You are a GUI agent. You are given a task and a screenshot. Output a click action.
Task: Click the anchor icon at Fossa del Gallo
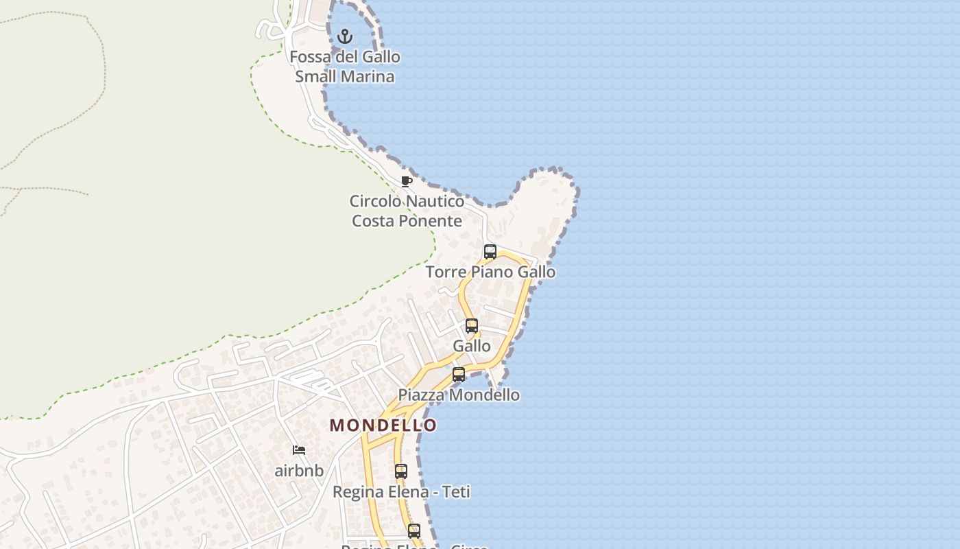[345, 36]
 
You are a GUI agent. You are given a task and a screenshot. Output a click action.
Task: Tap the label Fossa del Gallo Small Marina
[345, 67]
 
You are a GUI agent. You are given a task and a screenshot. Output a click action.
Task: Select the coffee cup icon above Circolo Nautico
[407, 181]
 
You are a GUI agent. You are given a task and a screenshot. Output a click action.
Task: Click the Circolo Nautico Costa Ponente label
[407, 211]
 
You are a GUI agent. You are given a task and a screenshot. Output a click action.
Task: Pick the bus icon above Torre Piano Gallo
[490, 252]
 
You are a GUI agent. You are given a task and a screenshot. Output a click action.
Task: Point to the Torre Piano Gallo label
[490, 272]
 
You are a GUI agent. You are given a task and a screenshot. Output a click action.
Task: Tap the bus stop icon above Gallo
[472, 326]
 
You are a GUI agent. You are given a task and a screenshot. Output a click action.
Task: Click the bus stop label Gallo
[472, 346]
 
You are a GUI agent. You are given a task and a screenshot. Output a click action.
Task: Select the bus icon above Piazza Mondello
[459, 375]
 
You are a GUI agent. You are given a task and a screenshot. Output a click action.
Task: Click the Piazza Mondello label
[459, 395]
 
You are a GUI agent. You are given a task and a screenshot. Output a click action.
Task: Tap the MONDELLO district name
[383, 425]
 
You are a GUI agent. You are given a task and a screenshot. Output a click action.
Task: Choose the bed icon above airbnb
[299, 450]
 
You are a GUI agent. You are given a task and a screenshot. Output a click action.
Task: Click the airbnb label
[299, 471]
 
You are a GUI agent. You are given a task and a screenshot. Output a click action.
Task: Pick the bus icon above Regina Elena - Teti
[401, 471]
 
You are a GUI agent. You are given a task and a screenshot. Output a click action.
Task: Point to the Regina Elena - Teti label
[401, 492]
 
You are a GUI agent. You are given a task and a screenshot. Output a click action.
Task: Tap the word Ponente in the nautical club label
[429, 221]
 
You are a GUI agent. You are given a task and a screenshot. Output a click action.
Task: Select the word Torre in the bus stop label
[445, 272]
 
